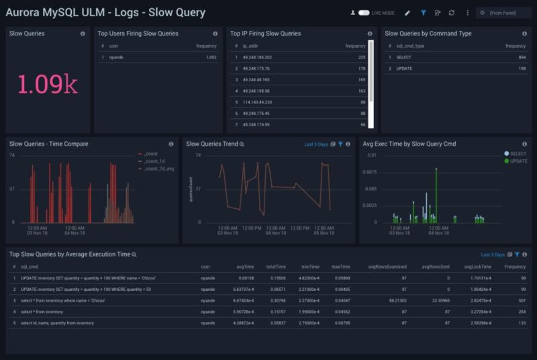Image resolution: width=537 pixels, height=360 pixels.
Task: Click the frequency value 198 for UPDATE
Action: [522, 69]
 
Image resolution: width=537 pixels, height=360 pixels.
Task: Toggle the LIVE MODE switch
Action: [364, 13]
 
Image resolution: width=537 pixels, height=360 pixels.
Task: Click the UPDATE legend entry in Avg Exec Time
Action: [518, 161]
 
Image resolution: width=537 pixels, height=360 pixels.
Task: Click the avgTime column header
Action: [245, 267]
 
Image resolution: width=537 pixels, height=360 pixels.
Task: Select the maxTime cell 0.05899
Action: [341, 277]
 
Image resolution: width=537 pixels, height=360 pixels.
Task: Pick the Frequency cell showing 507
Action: [520, 300]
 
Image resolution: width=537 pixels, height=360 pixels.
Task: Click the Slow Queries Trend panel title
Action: [211, 144]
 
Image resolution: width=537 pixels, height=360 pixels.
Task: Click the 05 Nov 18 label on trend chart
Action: [324, 233]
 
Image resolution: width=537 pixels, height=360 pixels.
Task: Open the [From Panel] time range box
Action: [504, 13]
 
